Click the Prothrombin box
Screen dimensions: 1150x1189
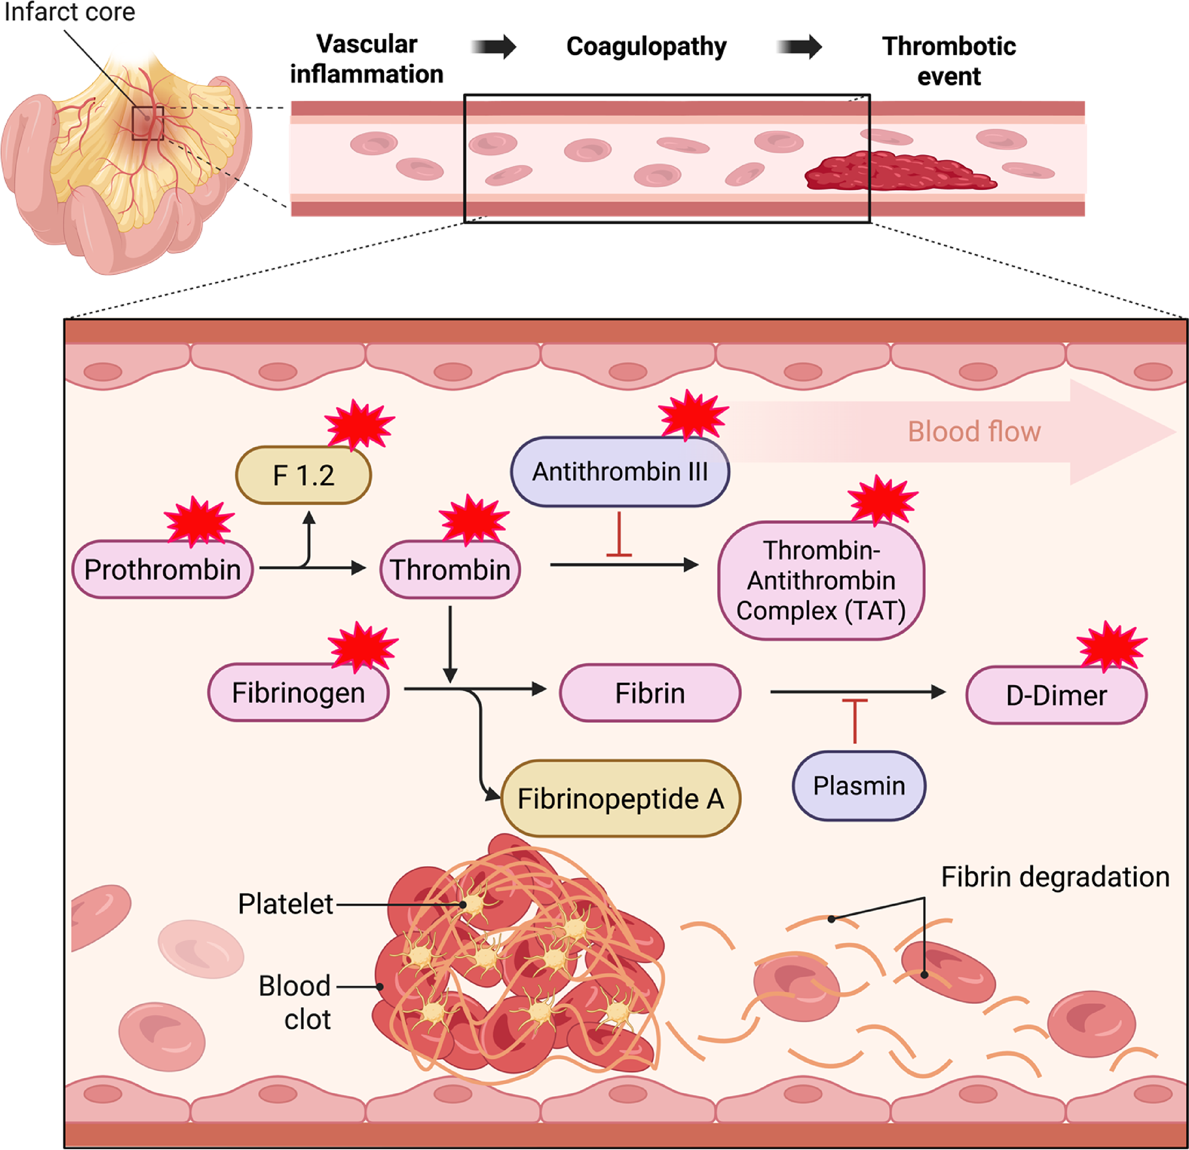[x=162, y=569]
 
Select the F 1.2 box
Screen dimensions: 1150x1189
[x=303, y=475]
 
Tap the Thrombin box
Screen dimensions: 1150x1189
[x=450, y=569]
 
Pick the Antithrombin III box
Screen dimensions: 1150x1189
[x=619, y=472]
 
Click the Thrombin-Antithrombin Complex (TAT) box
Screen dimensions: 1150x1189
[x=821, y=581]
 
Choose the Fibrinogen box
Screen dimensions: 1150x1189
[x=298, y=693]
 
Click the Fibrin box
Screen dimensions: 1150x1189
[x=650, y=693]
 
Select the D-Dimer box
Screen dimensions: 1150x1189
[x=1056, y=695]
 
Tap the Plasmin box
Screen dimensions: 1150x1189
[x=859, y=786]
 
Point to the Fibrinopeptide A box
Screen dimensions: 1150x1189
[x=621, y=799]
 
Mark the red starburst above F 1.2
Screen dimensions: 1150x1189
[x=359, y=424]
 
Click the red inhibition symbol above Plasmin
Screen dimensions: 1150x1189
[x=855, y=719]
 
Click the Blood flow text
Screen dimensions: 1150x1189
[x=974, y=432]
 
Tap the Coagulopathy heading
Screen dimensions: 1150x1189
[x=646, y=47]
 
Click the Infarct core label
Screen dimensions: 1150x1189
[x=69, y=12]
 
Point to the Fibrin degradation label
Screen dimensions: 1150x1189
[x=1055, y=877]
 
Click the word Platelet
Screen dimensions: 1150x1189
[x=285, y=904]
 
